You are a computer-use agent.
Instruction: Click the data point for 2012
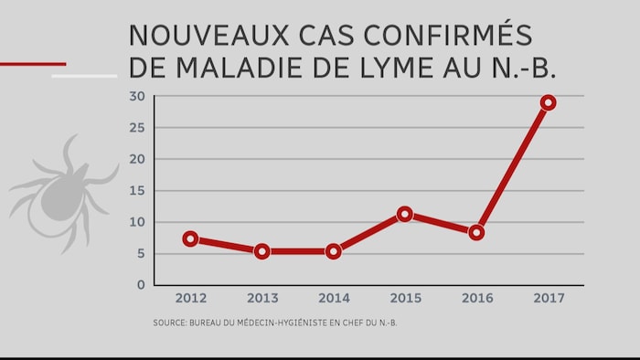click(x=190, y=238)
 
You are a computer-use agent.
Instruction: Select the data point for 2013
click(x=262, y=251)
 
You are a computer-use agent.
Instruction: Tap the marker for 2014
click(x=334, y=251)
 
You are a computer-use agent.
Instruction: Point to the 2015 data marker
click(x=405, y=214)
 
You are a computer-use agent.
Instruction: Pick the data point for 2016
click(x=476, y=232)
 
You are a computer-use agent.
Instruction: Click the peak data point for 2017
click(x=548, y=102)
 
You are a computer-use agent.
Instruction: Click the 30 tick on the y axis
click(x=137, y=96)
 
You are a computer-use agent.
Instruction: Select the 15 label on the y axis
click(x=137, y=190)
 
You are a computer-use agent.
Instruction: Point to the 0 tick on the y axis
click(x=141, y=285)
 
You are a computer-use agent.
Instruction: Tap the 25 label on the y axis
click(x=137, y=127)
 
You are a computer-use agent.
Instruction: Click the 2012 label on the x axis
click(x=190, y=299)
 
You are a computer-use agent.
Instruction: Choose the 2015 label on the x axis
click(x=405, y=299)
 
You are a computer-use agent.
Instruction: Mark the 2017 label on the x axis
click(x=548, y=299)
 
